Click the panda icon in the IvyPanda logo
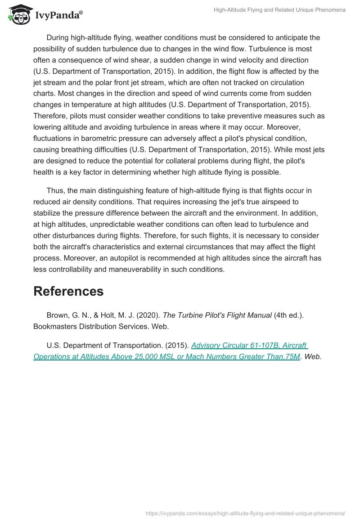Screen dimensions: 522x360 pyautogui.click(x=17, y=15)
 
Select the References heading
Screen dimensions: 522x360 pyautogui.click(x=68, y=291)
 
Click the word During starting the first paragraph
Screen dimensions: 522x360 pyautogui.click(x=60, y=38)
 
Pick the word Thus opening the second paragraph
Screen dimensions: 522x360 pyautogui.click(x=55, y=190)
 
